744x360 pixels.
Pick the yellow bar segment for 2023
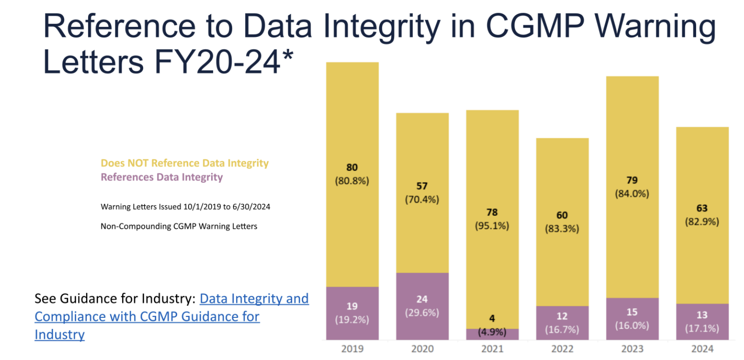click(632, 134)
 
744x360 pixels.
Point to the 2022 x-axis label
click(562, 349)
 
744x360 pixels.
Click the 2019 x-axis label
click(352, 349)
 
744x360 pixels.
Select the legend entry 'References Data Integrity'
click(162, 177)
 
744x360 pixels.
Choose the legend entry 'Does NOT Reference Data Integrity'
click(184, 163)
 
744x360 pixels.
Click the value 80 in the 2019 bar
click(352, 167)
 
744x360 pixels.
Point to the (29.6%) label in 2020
click(422, 313)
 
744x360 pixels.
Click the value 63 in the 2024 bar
click(702, 208)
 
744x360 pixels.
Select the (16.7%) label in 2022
click(562, 329)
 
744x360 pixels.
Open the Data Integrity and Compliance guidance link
click(254, 299)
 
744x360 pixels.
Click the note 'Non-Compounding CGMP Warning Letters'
click(179, 226)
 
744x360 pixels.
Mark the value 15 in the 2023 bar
click(632, 312)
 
